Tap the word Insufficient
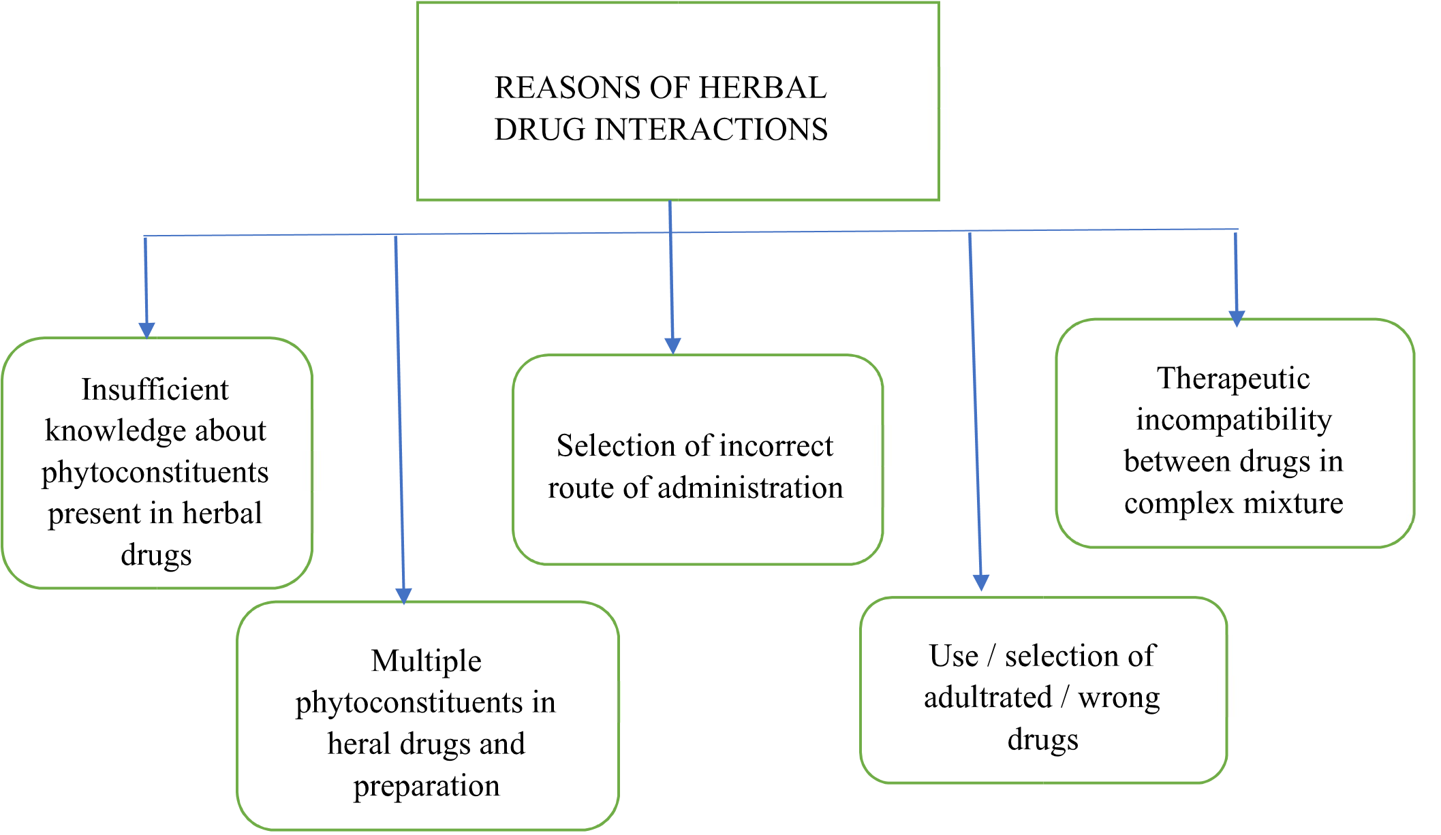(155, 390)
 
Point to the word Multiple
(426, 661)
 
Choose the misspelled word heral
(358, 744)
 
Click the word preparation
(427, 786)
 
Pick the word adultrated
(988, 697)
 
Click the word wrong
(1119, 698)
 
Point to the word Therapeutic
(1233, 379)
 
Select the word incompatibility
(1233, 420)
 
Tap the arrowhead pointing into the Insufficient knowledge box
(146, 330)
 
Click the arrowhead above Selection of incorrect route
(672, 345)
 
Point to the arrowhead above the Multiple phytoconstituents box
(403, 595)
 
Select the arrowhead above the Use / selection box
(980, 582)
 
